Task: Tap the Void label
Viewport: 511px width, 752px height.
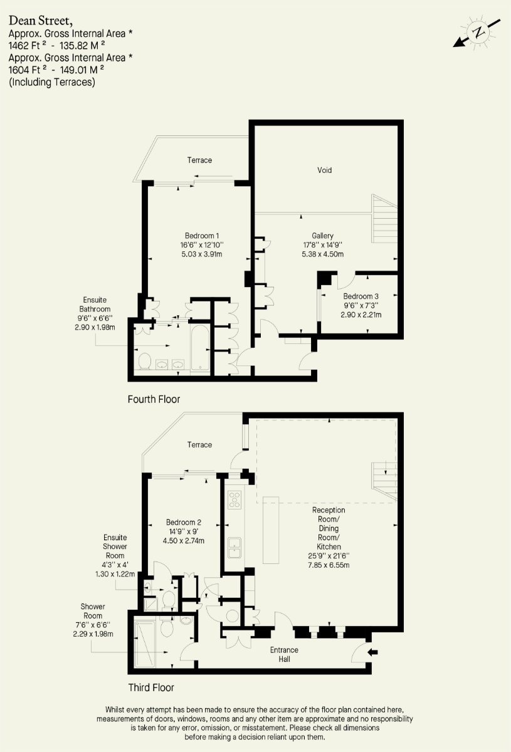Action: pyautogui.click(x=324, y=170)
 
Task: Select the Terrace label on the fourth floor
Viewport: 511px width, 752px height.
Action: pyautogui.click(x=199, y=160)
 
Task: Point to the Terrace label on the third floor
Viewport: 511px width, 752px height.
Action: pyautogui.click(x=199, y=445)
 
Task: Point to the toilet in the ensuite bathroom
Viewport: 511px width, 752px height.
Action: pyautogui.click(x=144, y=362)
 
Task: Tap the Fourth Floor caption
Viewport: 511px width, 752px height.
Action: pyautogui.click(x=154, y=399)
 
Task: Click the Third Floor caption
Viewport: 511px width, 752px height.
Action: pyautogui.click(x=151, y=687)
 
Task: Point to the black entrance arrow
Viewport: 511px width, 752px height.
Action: pyautogui.click(x=372, y=652)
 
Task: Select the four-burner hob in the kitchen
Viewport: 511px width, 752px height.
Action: pyautogui.click(x=234, y=499)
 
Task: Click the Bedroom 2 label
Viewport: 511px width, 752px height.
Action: pyautogui.click(x=183, y=523)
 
